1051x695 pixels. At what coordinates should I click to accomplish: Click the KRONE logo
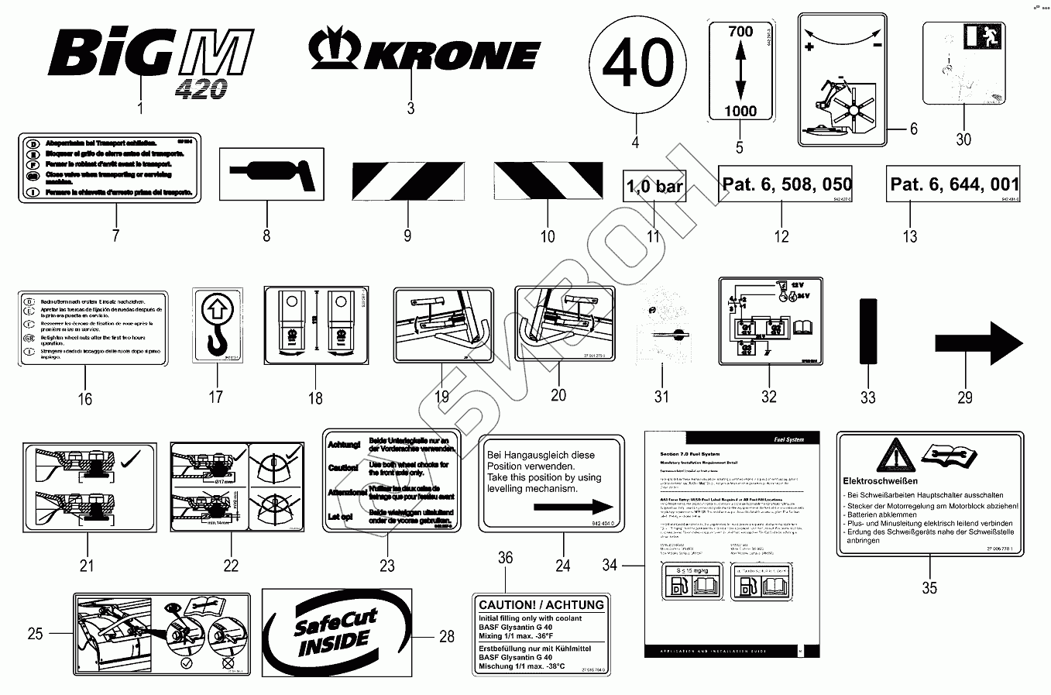point(424,53)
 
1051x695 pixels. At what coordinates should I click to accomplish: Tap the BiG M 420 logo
point(152,58)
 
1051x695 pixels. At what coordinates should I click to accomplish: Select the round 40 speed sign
point(637,64)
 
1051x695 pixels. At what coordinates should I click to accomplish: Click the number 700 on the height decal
point(740,32)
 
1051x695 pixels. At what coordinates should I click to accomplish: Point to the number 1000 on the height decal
point(740,111)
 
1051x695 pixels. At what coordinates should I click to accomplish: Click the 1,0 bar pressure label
point(654,186)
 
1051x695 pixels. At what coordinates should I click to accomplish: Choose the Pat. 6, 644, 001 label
point(954,184)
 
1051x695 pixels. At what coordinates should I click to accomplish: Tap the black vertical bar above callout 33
point(867,331)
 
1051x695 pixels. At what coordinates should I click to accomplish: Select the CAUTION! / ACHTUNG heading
point(541,604)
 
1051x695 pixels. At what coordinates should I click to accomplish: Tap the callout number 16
point(85,399)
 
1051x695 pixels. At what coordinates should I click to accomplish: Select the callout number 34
point(610,566)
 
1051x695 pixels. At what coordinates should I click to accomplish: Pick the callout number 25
point(35,634)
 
